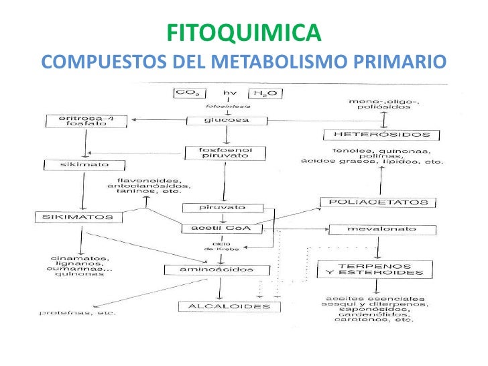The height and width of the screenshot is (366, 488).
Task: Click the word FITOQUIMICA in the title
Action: (x=243, y=32)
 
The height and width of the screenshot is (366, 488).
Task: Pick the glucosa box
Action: (x=226, y=120)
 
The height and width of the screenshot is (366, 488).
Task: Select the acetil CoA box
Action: (x=225, y=228)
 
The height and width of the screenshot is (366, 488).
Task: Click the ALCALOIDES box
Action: (x=225, y=306)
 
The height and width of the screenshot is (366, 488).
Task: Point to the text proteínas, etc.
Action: (x=77, y=312)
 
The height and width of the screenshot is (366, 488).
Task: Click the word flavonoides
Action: (x=146, y=180)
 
